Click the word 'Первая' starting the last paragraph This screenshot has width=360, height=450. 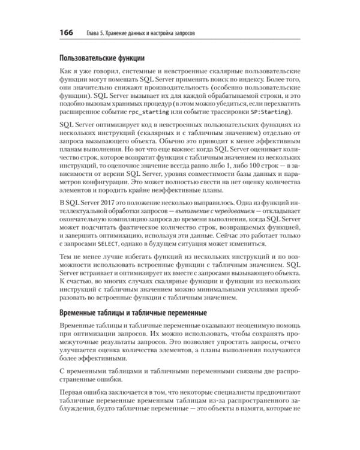point(75,391)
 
